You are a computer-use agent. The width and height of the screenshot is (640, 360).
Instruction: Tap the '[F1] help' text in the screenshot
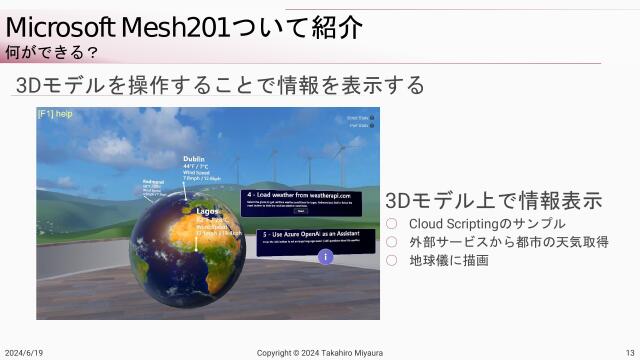tap(56, 114)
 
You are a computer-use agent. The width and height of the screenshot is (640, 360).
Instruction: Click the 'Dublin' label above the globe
tap(193, 159)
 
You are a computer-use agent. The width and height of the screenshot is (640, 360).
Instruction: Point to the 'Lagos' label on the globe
tap(208, 212)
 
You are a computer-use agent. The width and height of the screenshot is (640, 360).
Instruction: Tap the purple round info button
tap(325, 257)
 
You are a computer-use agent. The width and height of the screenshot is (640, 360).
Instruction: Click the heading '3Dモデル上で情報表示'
tap(493, 199)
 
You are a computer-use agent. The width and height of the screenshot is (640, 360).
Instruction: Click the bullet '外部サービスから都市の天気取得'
tap(509, 242)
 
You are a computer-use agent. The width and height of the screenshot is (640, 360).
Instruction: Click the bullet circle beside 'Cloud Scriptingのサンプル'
tap(392, 224)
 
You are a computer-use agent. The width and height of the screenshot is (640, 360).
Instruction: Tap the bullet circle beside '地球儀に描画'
tap(392, 260)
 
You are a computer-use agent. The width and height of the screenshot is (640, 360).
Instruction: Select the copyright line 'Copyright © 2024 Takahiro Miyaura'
tap(320, 353)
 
